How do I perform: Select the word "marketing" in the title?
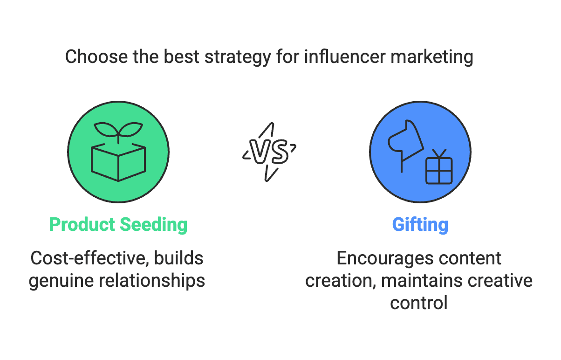[432, 57]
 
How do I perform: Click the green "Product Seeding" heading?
[118, 225]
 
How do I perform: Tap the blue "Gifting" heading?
[420, 225]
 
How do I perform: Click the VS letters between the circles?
[270, 152]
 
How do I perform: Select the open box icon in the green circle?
[118, 161]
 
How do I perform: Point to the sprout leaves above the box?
[118, 129]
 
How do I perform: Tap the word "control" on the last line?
[419, 303]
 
